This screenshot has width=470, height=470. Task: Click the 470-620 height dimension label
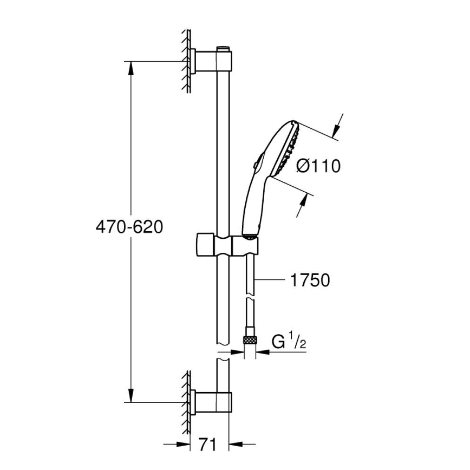[129, 227]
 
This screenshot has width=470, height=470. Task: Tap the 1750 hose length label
[310, 280]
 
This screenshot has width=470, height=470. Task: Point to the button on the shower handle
[257, 162]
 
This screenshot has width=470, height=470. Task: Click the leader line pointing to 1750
[270, 280]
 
